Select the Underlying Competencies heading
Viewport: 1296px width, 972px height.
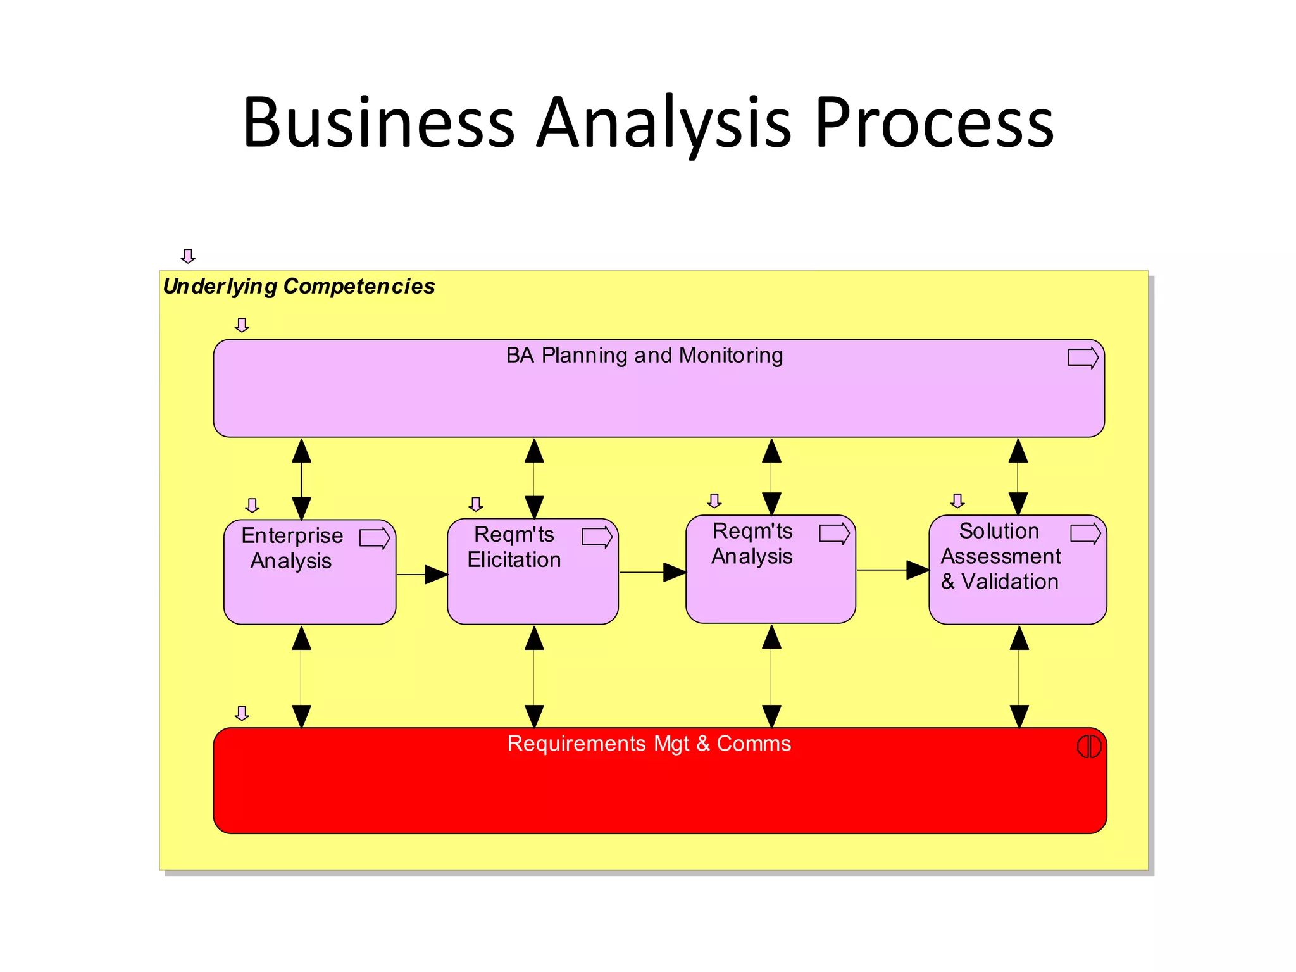coord(299,287)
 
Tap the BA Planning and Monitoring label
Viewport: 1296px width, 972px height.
coord(644,356)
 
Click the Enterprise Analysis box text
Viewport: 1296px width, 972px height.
coord(292,548)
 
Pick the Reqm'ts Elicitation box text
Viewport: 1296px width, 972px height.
coord(514,547)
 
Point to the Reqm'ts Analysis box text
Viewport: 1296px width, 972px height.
coord(752,544)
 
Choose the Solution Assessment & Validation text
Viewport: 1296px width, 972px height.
coord(1000,556)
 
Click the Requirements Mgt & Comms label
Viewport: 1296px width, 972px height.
coord(649,744)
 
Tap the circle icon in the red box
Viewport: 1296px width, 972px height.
coord(1088,747)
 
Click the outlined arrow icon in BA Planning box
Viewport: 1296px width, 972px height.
coord(1083,358)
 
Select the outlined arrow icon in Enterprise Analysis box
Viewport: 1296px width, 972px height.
coord(375,539)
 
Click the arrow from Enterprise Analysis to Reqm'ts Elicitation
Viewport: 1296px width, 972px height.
coord(422,575)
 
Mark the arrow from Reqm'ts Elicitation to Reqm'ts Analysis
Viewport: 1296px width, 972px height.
coord(652,572)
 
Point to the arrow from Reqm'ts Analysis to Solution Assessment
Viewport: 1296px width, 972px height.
coord(892,570)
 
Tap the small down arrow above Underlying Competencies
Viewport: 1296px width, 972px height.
coord(188,256)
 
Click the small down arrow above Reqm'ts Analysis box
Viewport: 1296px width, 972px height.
coord(714,501)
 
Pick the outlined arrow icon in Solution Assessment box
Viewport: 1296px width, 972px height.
coord(1085,533)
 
